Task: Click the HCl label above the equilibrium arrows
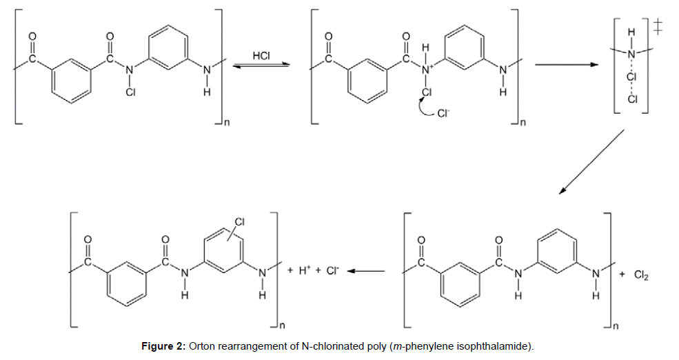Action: tap(261, 55)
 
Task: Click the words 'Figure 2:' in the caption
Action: tap(163, 345)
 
